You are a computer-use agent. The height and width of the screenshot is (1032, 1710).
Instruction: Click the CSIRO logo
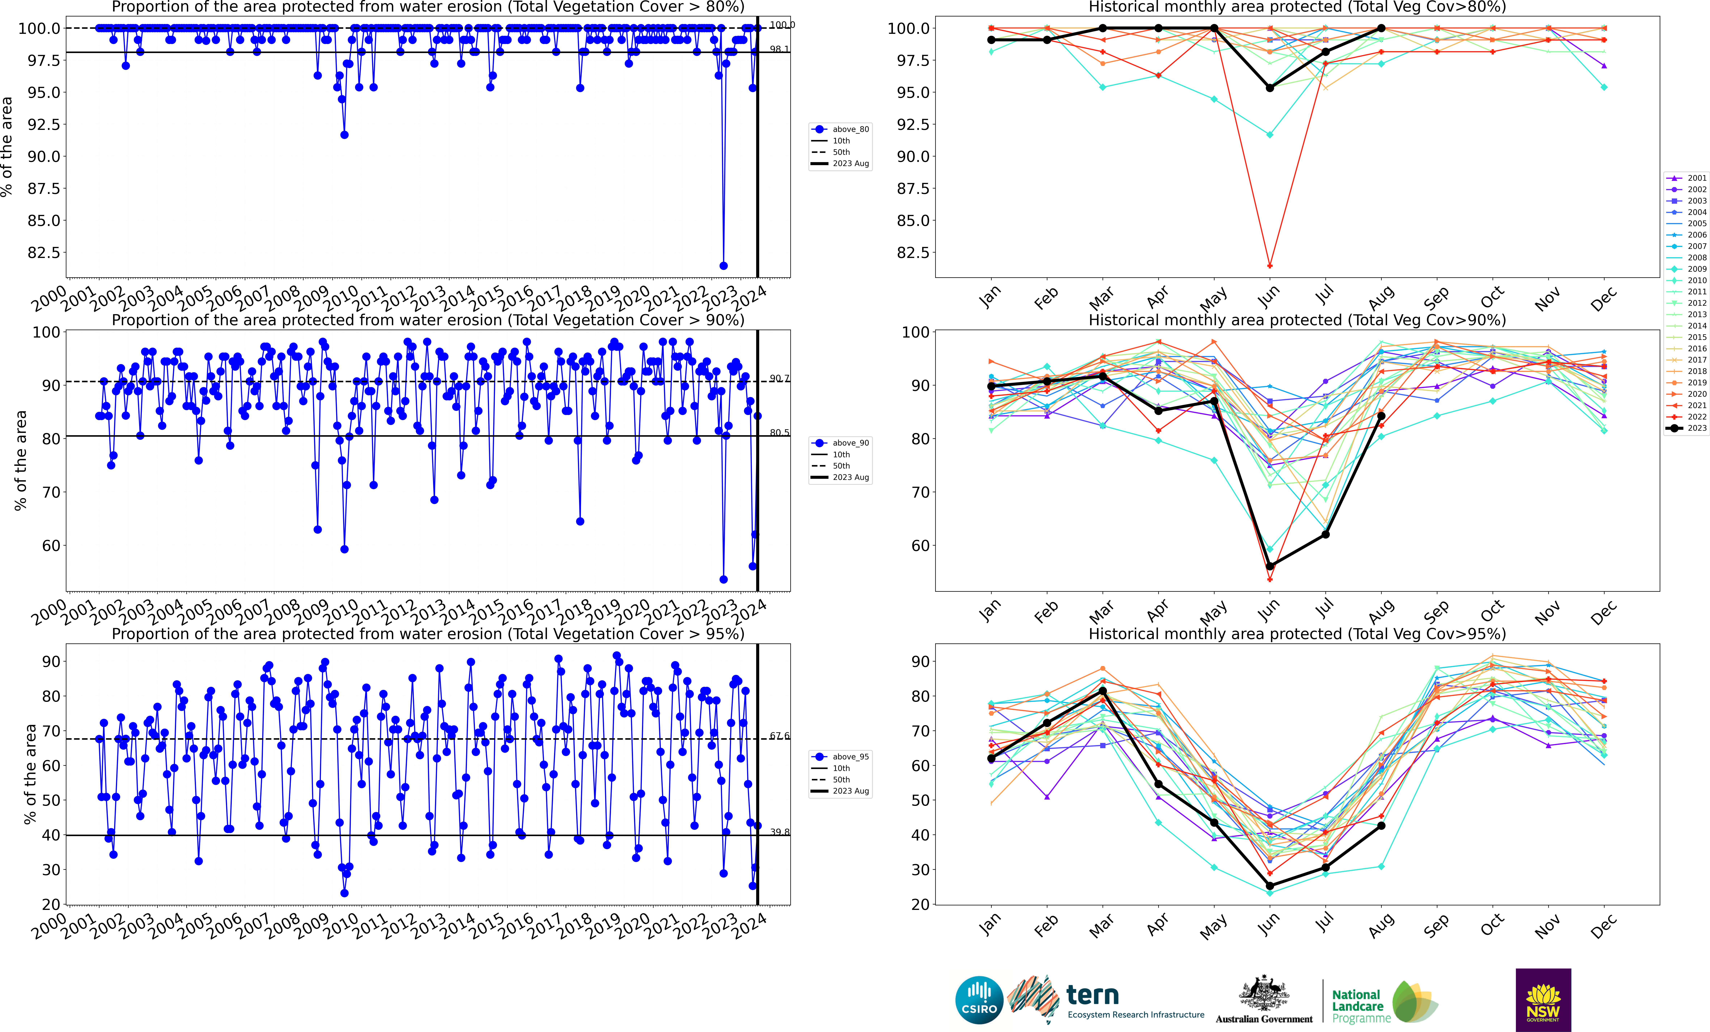pos(979,1000)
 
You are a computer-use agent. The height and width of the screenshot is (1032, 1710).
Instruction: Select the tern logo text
pos(1092,995)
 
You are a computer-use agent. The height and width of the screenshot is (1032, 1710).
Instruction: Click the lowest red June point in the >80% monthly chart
pos(1269,266)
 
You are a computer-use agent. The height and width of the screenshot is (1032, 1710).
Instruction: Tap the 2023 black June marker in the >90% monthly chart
pos(1269,566)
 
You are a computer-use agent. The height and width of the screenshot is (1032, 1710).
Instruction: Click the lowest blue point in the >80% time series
pos(723,266)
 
